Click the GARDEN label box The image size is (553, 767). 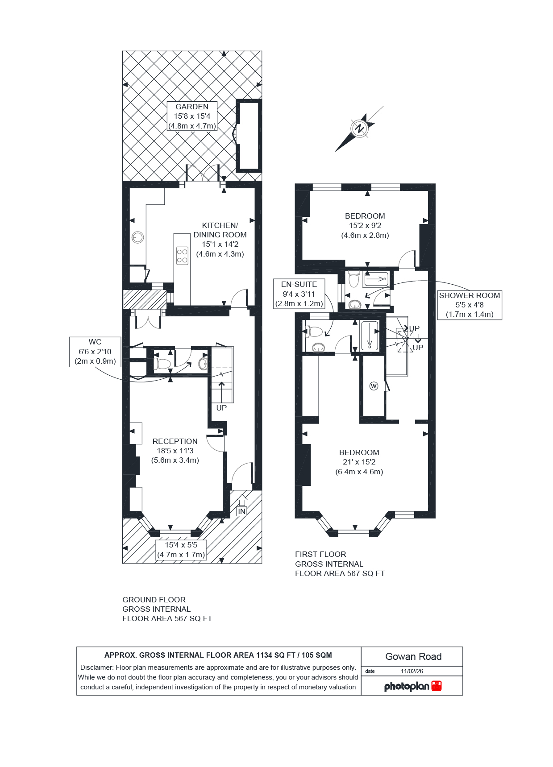click(192, 116)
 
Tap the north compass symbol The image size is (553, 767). click(359, 129)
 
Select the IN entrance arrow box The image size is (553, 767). click(241, 511)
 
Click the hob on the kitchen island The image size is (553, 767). click(182, 255)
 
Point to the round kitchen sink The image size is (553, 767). click(138, 237)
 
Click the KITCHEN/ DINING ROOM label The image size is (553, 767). click(220, 239)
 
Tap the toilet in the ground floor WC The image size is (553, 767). click(162, 364)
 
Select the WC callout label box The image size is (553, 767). click(95, 352)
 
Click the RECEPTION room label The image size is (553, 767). click(175, 451)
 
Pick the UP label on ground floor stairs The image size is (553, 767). click(221, 408)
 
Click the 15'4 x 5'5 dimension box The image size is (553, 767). click(181, 550)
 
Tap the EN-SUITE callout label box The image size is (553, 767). click(299, 294)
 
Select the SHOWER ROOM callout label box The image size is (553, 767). click(469, 305)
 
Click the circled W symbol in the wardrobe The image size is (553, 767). click(374, 386)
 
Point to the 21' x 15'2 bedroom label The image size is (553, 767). click(359, 462)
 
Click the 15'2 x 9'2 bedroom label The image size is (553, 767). click(365, 225)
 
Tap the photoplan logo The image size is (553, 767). click(412, 686)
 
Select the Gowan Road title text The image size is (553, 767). click(413, 656)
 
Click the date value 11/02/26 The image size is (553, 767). click(412, 671)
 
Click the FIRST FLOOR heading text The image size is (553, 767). click(320, 554)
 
